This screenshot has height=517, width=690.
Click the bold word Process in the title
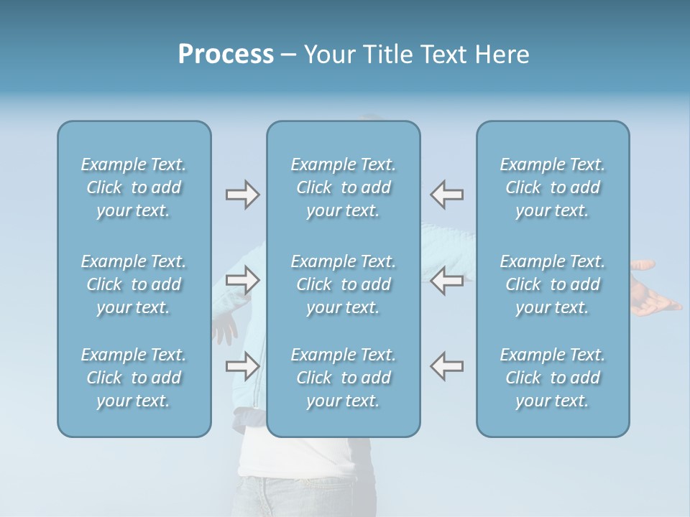(x=226, y=55)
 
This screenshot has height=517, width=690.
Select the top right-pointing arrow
(x=242, y=195)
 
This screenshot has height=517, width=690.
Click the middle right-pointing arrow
(x=242, y=280)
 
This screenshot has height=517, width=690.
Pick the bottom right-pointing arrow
(x=242, y=365)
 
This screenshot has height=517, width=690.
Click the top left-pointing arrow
(x=447, y=195)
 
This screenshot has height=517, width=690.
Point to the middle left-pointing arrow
(x=447, y=280)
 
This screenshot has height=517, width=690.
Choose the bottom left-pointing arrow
(x=447, y=365)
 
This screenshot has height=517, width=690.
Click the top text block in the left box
(x=134, y=187)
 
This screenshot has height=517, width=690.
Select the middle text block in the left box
(x=134, y=284)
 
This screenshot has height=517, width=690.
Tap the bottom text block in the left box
(x=134, y=378)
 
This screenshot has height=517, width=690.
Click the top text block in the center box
(x=344, y=187)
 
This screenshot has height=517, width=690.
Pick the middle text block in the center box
(x=344, y=284)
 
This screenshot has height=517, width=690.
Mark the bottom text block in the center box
(x=344, y=378)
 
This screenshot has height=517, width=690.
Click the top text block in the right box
(x=553, y=187)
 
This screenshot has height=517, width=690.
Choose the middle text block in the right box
(x=553, y=284)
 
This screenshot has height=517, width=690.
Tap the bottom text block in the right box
(x=553, y=378)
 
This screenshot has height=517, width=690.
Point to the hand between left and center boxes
(x=226, y=329)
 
